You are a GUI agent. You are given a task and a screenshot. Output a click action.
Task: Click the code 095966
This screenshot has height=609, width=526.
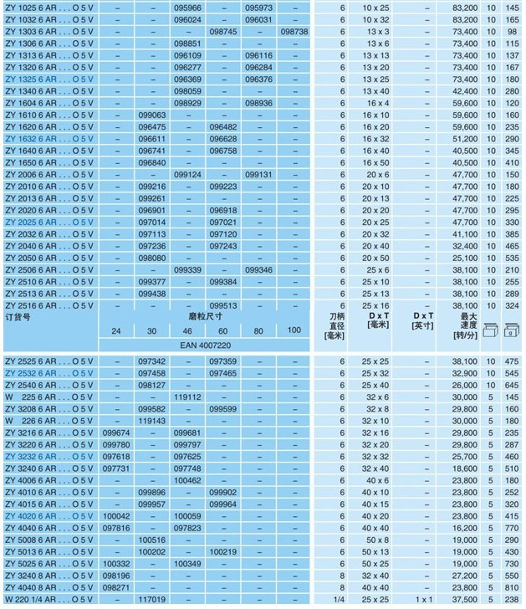pos(187,7)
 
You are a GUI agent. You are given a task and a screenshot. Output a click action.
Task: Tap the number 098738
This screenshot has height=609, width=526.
pos(294,31)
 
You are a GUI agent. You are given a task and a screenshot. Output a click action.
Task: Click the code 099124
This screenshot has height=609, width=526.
pos(187,175)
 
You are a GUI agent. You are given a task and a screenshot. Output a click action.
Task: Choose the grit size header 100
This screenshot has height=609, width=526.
pos(294,331)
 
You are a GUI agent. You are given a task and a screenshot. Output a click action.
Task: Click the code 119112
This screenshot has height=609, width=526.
pos(187,397)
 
